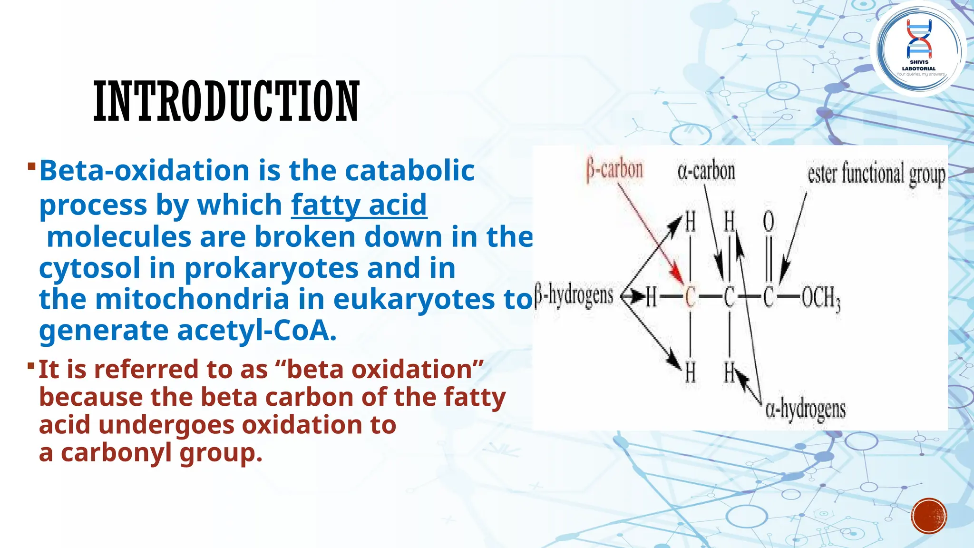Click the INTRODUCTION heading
pos(226,101)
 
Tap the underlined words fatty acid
pos(359,205)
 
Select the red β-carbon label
pos(614,170)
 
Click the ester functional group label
pos(876,174)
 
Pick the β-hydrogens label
pos(574,296)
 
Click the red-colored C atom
pos(690,298)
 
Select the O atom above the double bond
pos(768,222)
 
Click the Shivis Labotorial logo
pos(918,49)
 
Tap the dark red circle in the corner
pos(929,516)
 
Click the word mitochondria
pos(192,300)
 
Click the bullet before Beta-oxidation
pos(31,166)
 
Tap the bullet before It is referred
pos(31,366)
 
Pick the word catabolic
pos(409,170)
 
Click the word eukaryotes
pos(414,300)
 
